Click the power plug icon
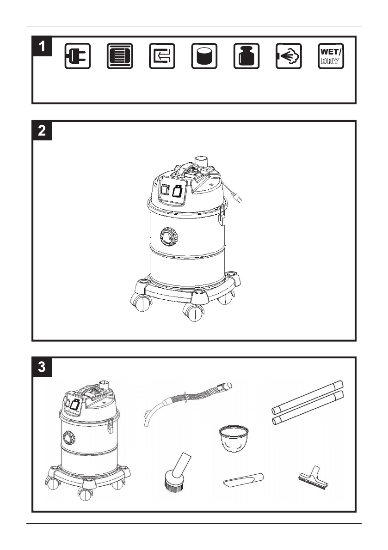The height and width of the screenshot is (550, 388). (78, 56)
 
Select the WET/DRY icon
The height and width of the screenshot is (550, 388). (331, 56)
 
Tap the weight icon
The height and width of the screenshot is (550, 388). (246, 56)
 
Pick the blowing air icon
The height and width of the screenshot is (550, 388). (289, 56)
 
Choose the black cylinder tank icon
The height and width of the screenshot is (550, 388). (204, 56)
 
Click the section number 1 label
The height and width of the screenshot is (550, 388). (42, 46)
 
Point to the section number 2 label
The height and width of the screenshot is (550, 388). (42, 131)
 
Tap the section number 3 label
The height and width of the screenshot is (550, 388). (42, 367)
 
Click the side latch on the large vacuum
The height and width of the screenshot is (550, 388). (222, 216)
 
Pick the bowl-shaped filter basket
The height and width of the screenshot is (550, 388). (234, 438)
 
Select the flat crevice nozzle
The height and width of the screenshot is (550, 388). (243, 479)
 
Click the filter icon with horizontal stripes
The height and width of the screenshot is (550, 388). (120, 56)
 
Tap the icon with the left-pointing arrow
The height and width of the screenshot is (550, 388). (162, 56)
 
